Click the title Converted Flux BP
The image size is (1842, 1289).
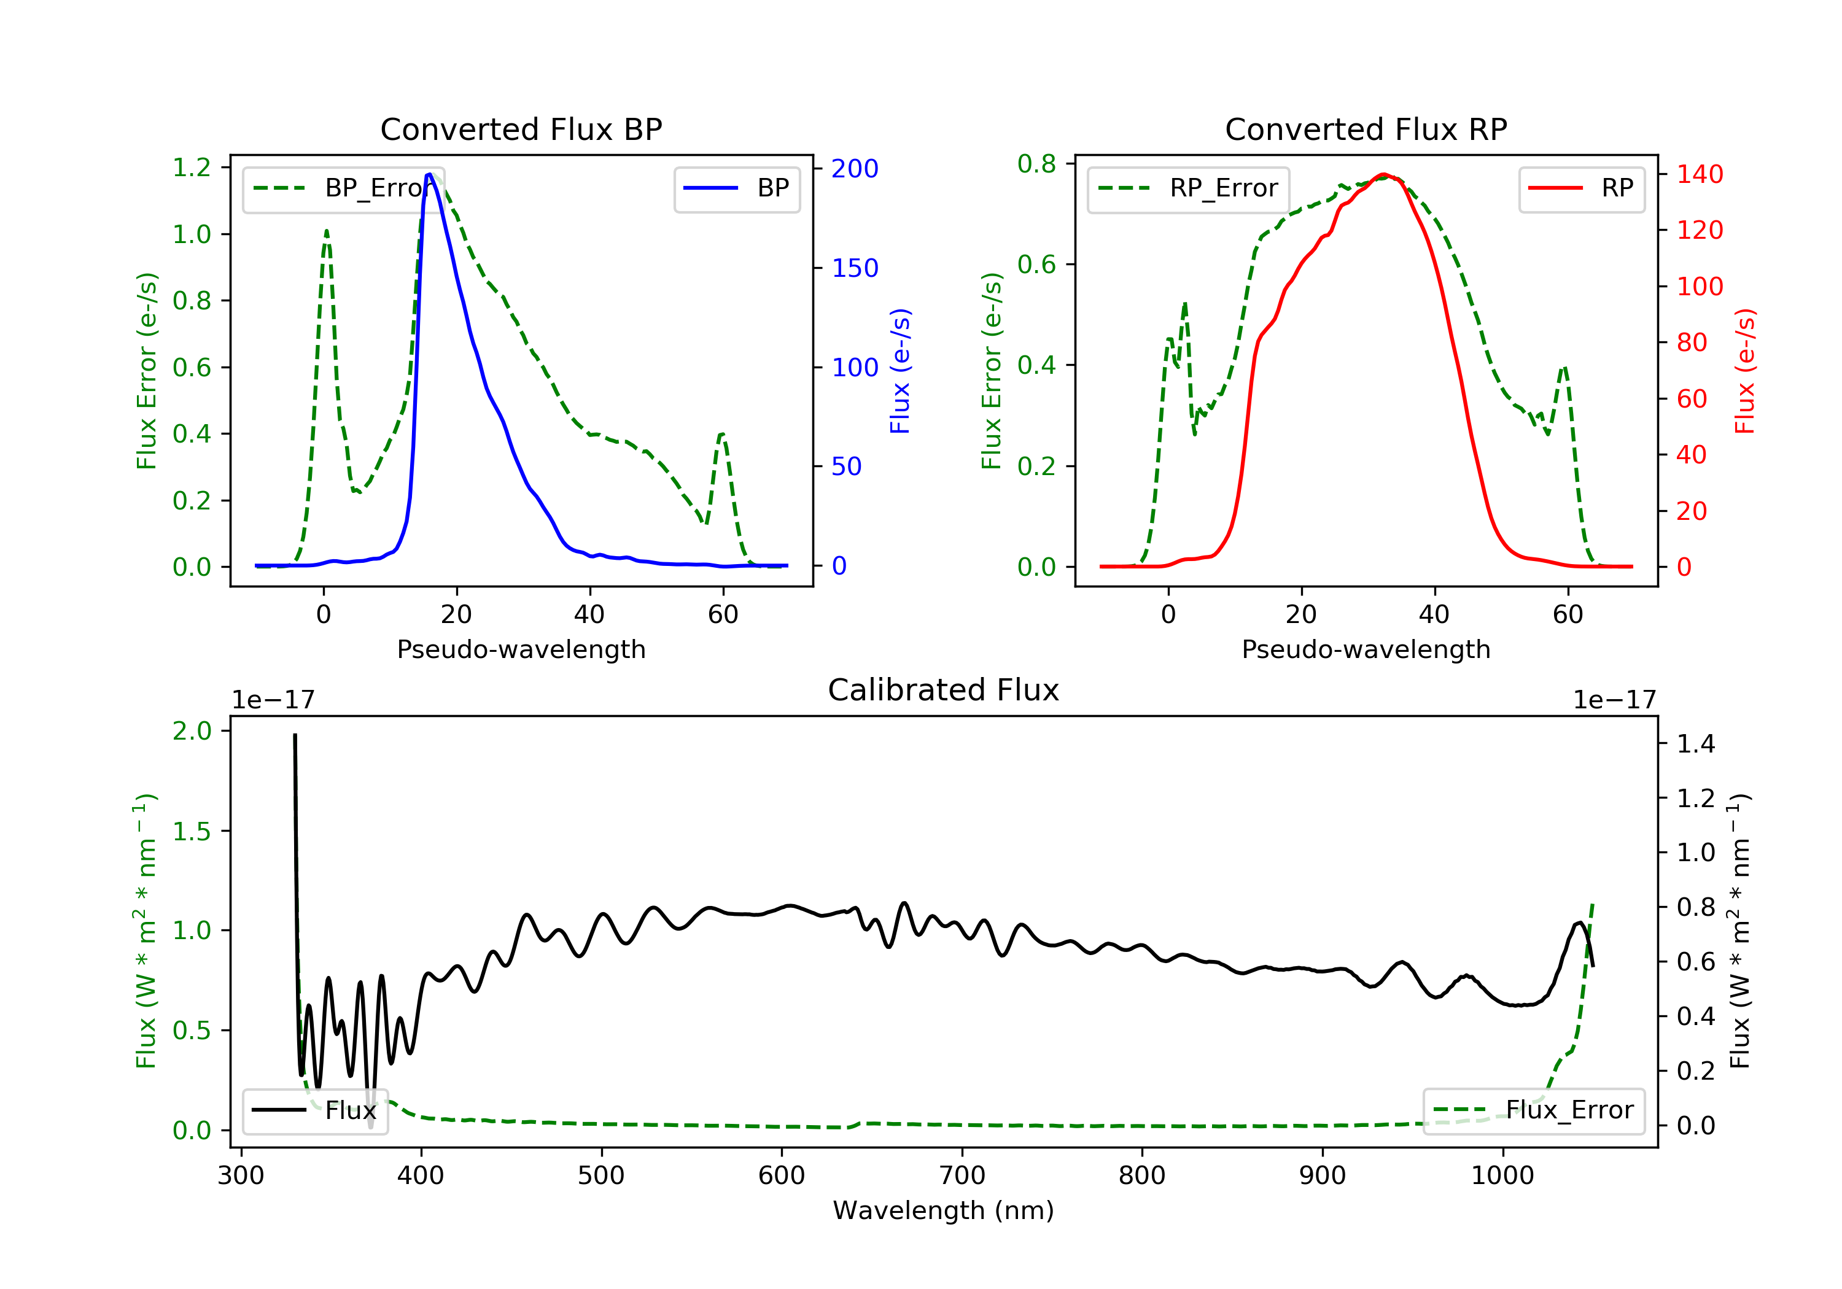521,129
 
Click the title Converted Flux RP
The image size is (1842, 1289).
1366,129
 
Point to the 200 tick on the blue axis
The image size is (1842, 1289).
855,168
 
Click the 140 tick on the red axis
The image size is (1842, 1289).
1699,174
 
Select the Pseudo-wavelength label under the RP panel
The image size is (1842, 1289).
1366,649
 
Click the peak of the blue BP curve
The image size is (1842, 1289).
430,174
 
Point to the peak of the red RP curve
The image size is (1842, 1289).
1384,174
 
